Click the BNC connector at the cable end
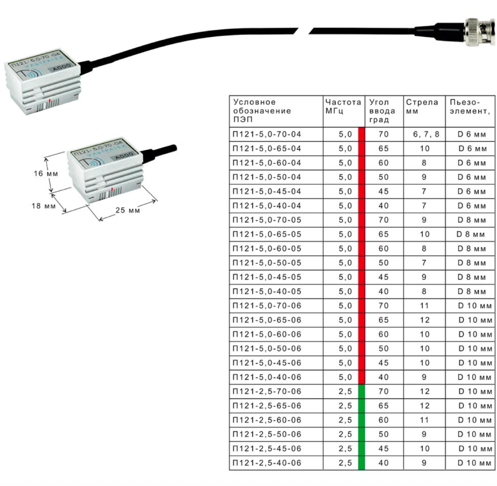479,31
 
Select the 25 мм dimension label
128,210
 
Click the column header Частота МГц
343,107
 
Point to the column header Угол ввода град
380,111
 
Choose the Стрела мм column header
422,107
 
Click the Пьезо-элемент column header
469,107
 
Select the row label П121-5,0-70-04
267,134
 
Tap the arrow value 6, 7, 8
423,134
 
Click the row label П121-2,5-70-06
267,391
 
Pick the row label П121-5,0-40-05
267,292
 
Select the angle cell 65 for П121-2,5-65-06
383,406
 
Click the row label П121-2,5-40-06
267,463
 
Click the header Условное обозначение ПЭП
262,111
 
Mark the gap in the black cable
304,30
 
